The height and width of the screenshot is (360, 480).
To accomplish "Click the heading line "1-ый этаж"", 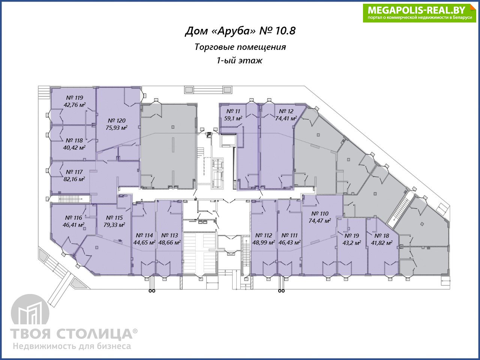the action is coord(240,60).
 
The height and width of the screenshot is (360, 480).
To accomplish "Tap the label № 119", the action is coord(75,98).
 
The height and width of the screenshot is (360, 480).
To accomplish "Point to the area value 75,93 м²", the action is coord(116,127).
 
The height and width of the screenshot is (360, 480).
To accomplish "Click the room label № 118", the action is coord(74,140).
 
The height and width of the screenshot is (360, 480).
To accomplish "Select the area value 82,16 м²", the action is coord(74,179).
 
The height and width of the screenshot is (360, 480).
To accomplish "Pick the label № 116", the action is coord(73,218).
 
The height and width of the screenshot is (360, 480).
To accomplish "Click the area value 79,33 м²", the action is coord(114,225).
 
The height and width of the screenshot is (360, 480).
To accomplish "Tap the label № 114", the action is coord(144,235).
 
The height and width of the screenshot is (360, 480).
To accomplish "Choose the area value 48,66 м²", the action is coord(169,242).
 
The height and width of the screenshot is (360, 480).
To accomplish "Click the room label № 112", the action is coord(264,235).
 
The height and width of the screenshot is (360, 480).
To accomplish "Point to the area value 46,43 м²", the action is coord(289,242).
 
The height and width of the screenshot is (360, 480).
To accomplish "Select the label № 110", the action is coord(320,213).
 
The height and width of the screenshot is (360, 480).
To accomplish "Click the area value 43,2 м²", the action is coord(352,243).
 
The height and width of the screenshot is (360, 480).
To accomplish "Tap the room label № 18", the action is coord(382,235).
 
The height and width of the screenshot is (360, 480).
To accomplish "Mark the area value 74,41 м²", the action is coord(286,118).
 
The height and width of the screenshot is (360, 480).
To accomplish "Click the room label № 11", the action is coord(233,111).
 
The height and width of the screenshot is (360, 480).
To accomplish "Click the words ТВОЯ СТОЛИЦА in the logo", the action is coord(71,334).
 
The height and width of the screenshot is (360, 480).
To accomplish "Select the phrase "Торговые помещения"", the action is coord(240,47).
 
